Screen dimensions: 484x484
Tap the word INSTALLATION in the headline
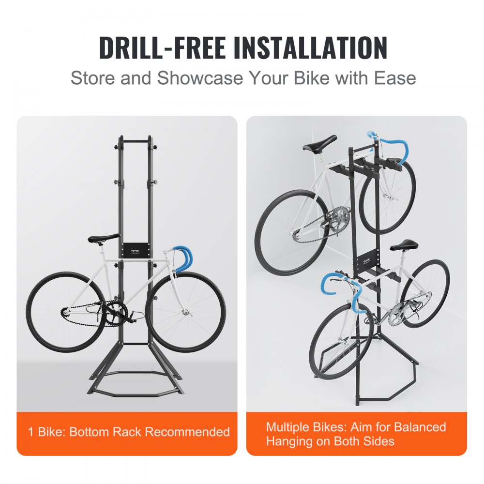[310, 47]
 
